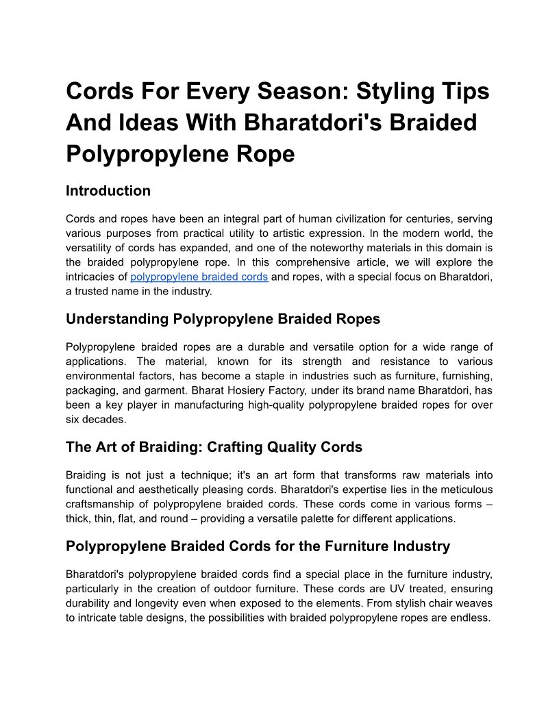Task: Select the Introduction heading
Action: click(x=108, y=191)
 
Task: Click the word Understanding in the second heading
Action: click(x=117, y=319)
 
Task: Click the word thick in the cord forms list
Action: click(x=79, y=518)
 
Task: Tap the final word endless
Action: click(x=471, y=618)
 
